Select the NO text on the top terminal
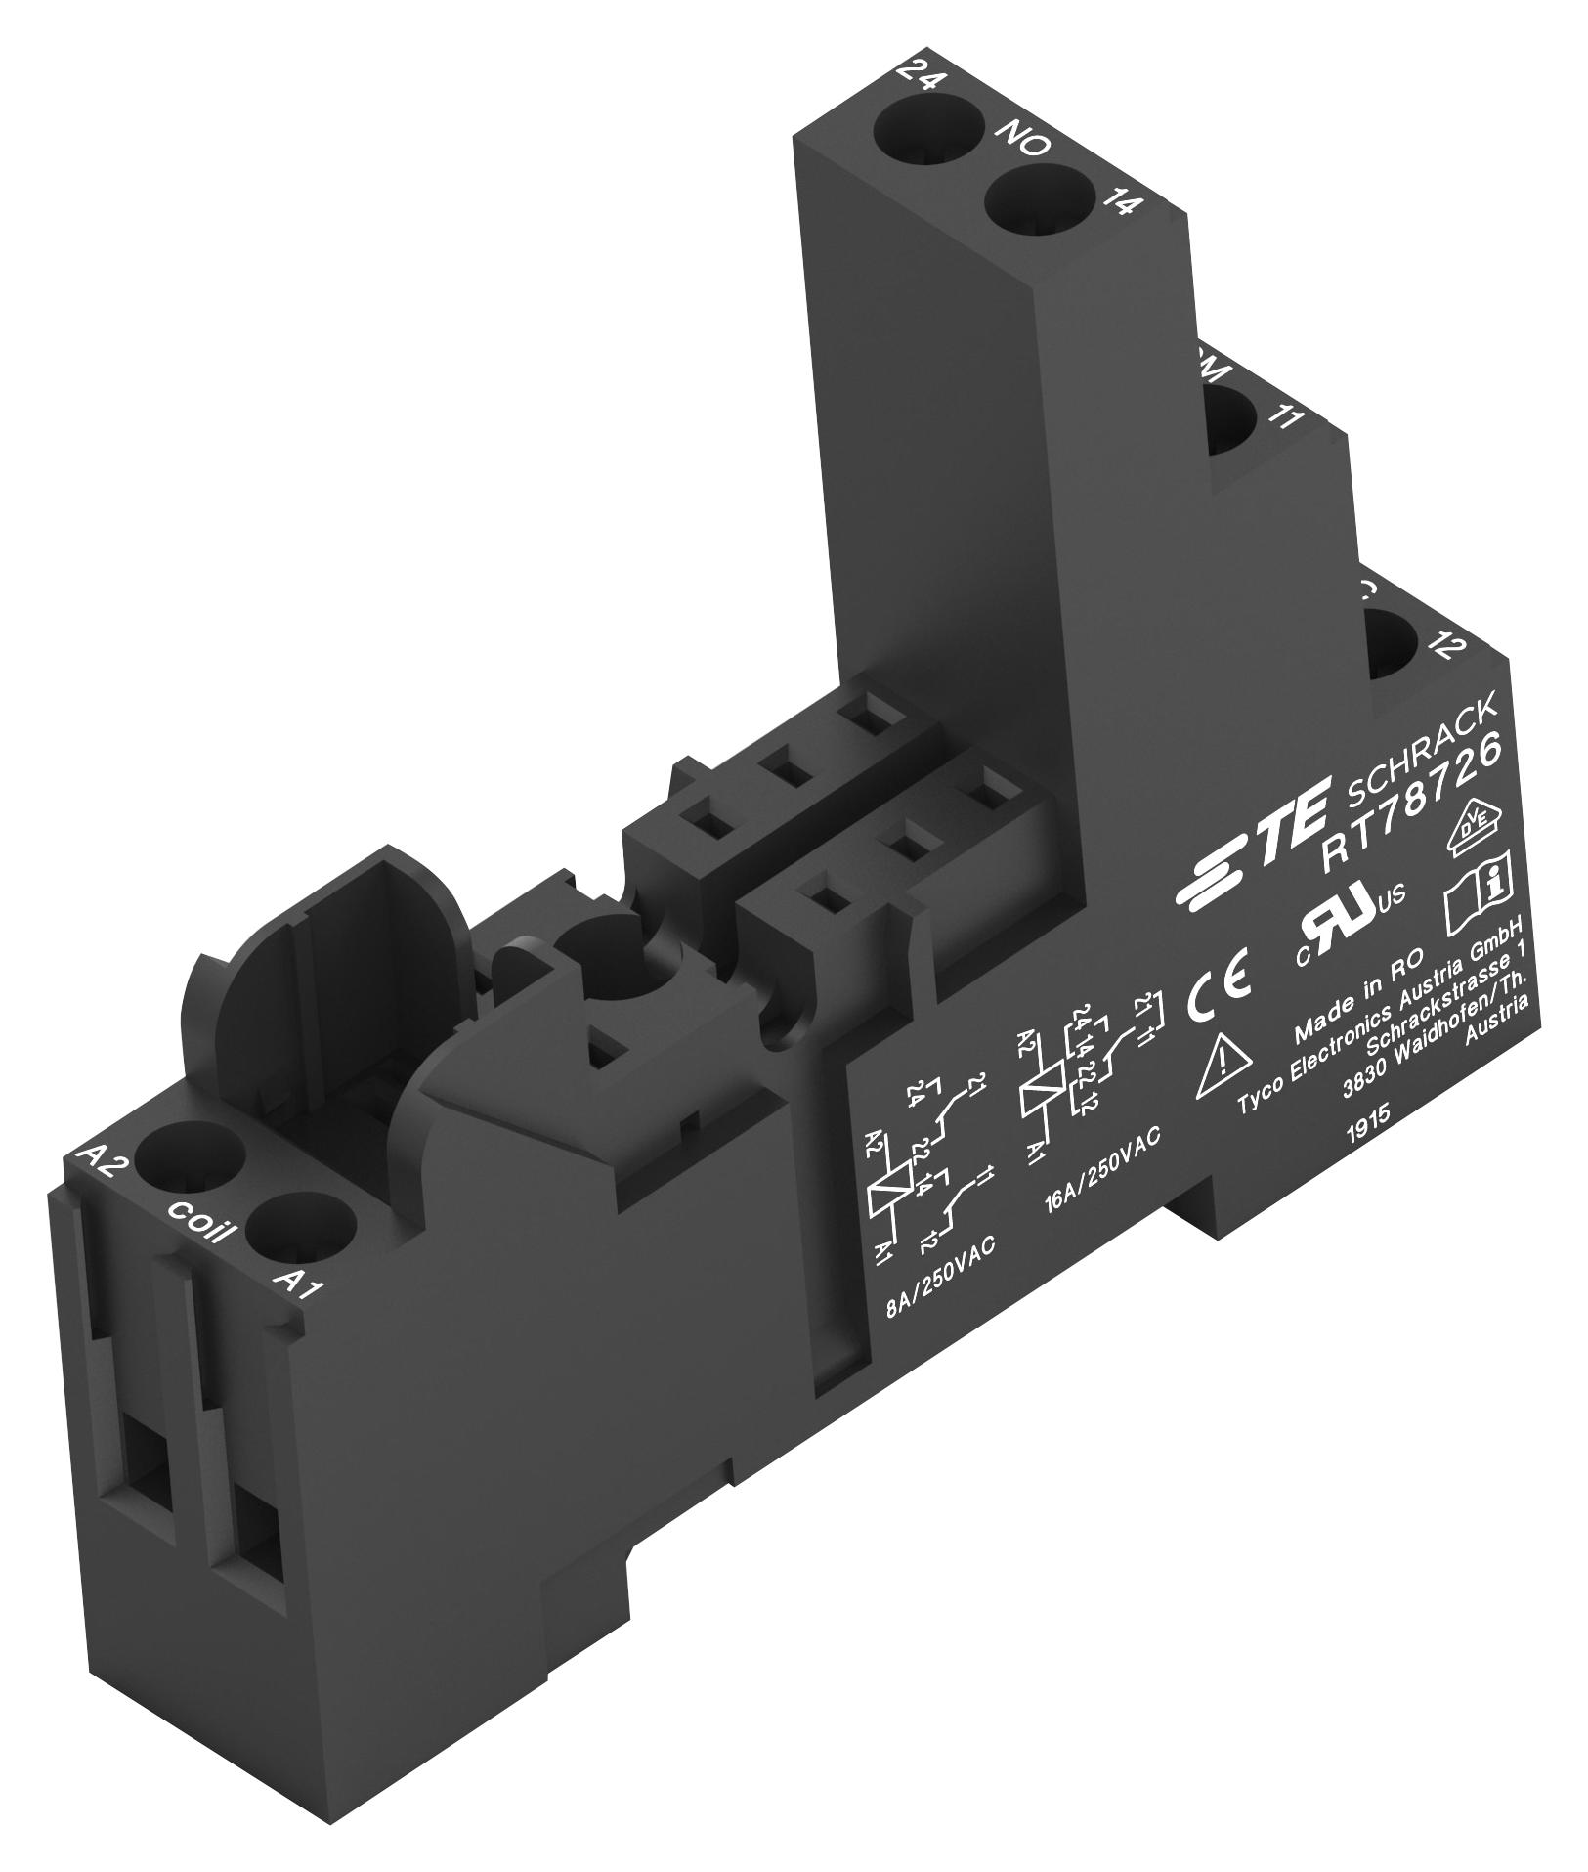pos(1023,142)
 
